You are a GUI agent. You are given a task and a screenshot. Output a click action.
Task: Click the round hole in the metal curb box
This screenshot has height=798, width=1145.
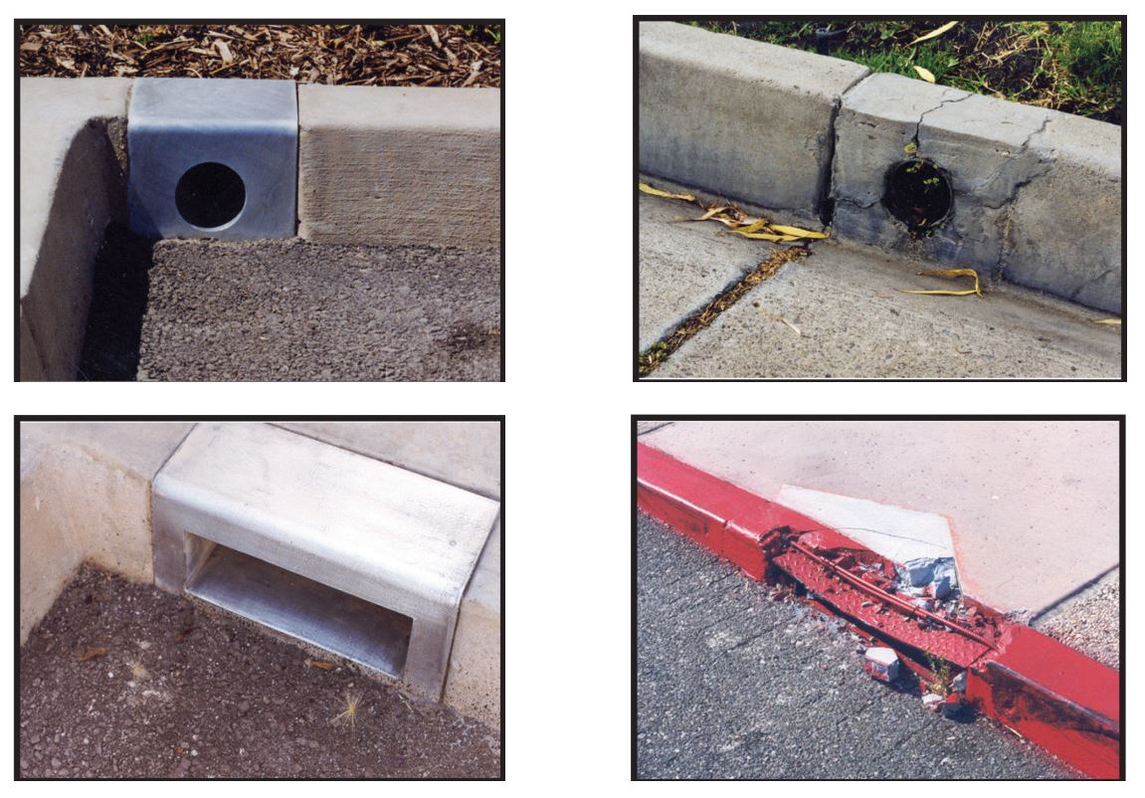tap(210, 195)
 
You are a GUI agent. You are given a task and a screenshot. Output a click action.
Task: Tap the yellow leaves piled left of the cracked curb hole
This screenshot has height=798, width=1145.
tap(756, 224)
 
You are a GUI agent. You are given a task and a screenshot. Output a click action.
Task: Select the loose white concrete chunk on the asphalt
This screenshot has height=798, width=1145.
tap(880, 663)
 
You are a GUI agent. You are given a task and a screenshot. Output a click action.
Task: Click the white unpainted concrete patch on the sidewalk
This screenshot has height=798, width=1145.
tap(865, 517)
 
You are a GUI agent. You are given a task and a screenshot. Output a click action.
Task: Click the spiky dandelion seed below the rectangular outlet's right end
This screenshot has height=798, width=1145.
tap(350, 708)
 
